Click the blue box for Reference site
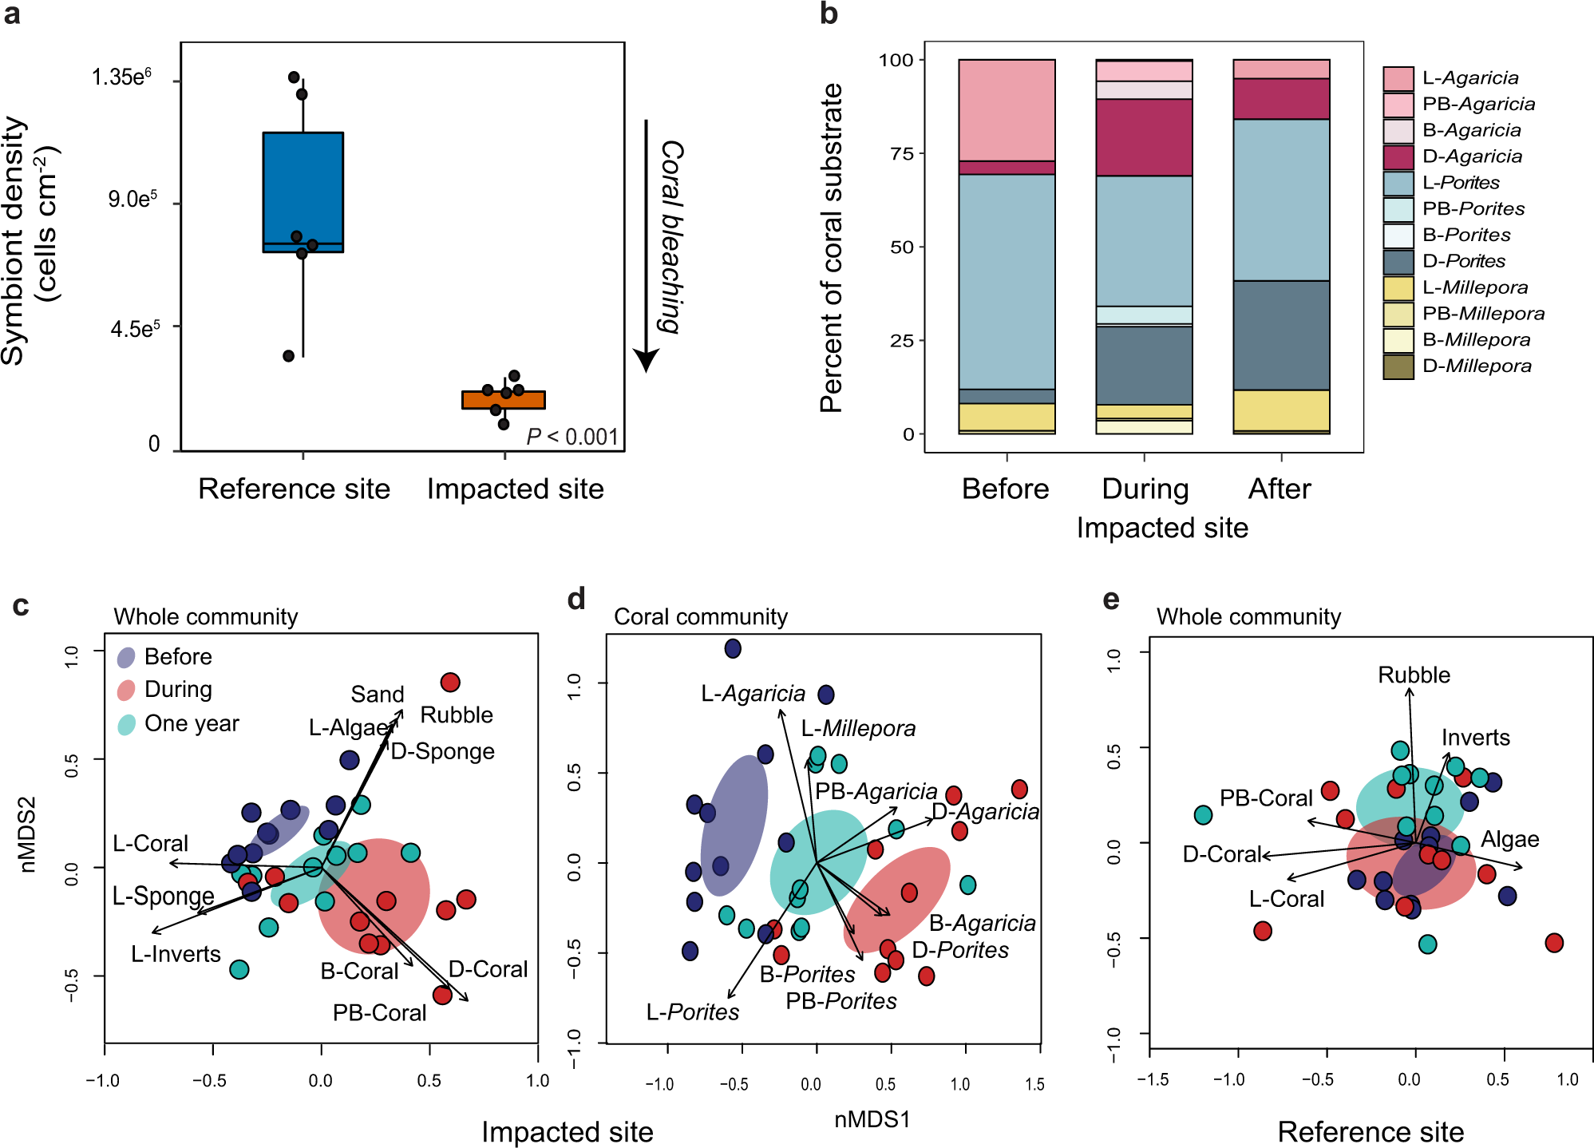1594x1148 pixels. (303, 192)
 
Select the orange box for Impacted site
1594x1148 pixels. (503, 400)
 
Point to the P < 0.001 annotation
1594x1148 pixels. (572, 437)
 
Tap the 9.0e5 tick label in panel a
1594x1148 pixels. (133, 199)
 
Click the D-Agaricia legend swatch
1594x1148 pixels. (1398, 156)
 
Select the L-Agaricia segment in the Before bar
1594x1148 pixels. (1007, 110)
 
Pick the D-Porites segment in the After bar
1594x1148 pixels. (1280, 335)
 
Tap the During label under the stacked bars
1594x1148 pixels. (1145, 489)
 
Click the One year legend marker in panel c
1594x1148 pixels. (126, 724)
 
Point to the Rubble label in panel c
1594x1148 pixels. (457, 715)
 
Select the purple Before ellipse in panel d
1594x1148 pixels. (734, 825)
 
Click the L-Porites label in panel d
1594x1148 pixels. (692, 1011)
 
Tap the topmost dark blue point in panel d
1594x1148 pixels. (733, 648)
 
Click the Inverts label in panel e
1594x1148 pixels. (1475, 737)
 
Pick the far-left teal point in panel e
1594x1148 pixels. (1203, 814)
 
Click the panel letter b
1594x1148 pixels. (829, 14)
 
